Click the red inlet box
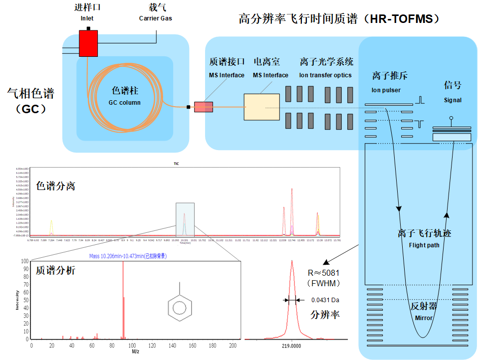coord(88,43)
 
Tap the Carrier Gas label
coord(156,18)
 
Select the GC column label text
coord(125,103)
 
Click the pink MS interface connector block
coord(203,106)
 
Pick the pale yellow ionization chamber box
coord(261,107)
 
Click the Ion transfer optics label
coord(325,75)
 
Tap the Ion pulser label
coord(386,90)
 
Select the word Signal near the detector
coord(453,100)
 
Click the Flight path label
coord(424,245)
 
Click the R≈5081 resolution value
coord(324,273)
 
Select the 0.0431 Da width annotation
coord(325,300)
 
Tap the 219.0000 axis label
coord(291,345)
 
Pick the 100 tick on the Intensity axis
coord(25,261)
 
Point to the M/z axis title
coord(135,352)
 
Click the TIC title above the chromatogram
coord(176,163)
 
